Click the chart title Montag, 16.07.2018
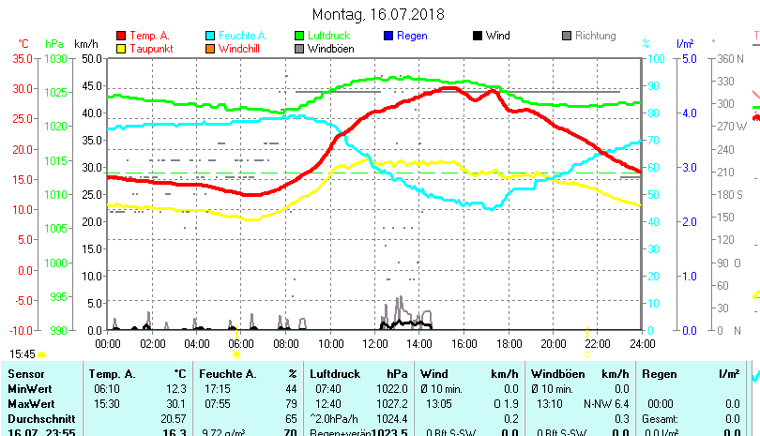pyautogui.click(x=378, y=14)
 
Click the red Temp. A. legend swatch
pyautogui.click(x=121, y=36)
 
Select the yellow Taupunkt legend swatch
pyautogui.click(x=121, y=48)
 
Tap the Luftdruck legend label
pyautogui.click(x=327, y=36)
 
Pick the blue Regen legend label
pyautogui.click(x=412, y=36)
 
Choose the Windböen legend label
pyautogui.click(x=331, y=49)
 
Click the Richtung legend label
pyautogui.click(x=595, y=36)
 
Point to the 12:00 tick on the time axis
pyautogui.click(x=375, y=343)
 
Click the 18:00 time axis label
pyautogui.click(x=509, y=343)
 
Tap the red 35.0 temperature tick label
pyautogui.click(x=22, y=58)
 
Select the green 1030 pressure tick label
pyautogui.click(x=54, y=58)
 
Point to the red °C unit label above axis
pyautogui.click(x=23, y=43)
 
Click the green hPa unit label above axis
pyautogui.click(x=54, y=43)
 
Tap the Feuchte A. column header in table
pyautogui.click(x=224, y=373)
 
